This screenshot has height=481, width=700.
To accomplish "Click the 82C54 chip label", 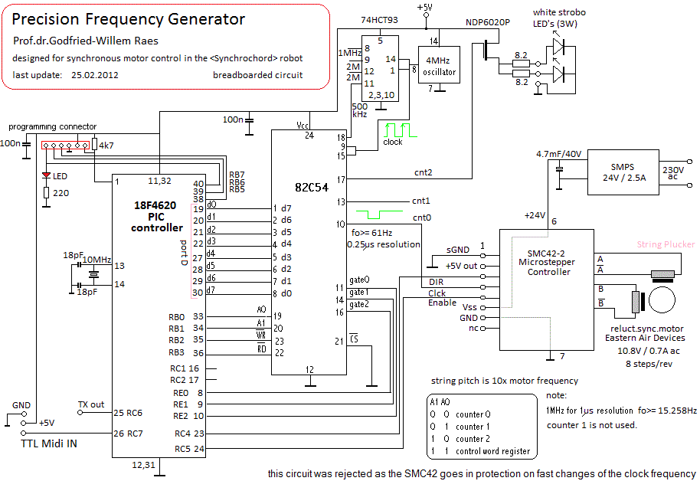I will [x=313, y=187].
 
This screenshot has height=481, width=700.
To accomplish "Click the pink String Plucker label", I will [x=666, y=244].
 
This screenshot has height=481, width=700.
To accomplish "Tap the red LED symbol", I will [x=45, y=175].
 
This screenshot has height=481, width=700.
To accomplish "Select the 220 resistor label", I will [x=61, y=193].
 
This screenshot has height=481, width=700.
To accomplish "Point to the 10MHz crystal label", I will [x=97, y=260].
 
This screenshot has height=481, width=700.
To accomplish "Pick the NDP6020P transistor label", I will [x=488, y=23].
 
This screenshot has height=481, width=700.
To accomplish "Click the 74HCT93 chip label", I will [x=382, y=19].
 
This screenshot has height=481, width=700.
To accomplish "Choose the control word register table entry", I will [x=492, y=451].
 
